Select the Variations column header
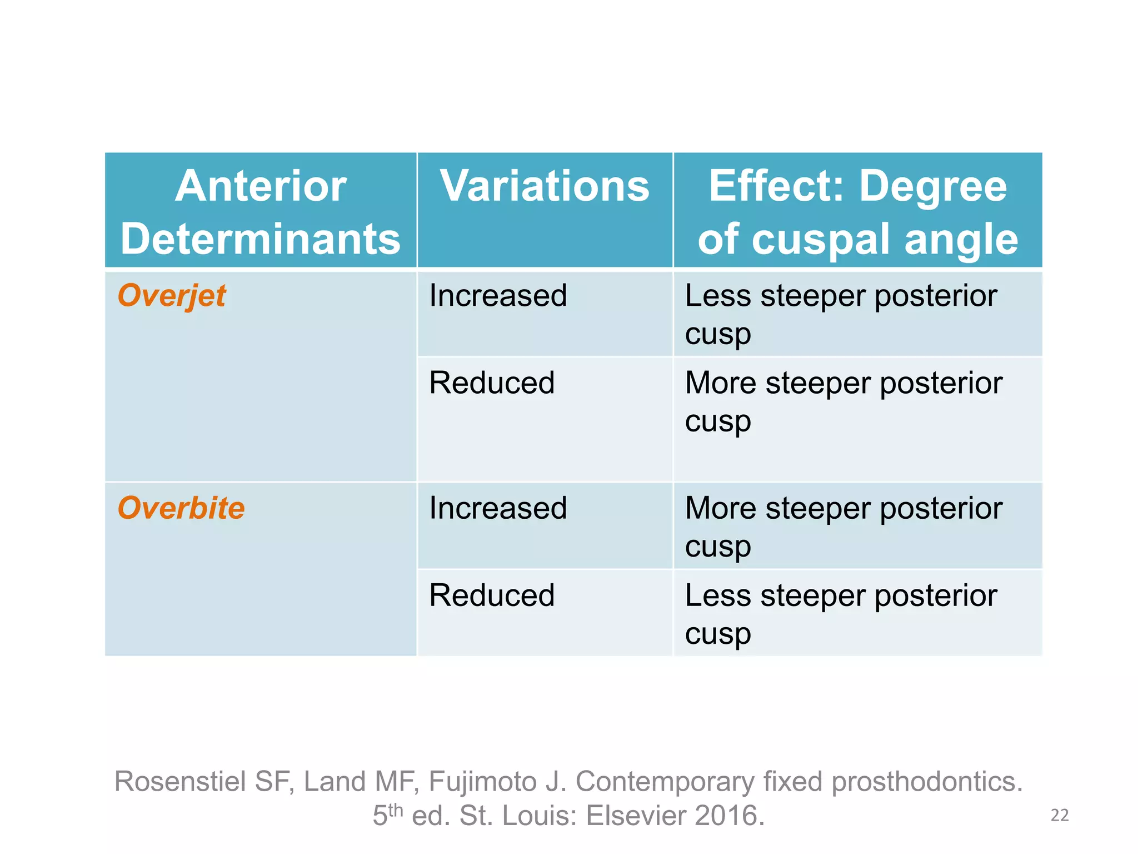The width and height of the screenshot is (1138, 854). [x=545, y=186]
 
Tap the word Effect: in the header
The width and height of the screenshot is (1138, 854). [x=776, y=186]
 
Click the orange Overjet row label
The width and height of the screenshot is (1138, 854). [x=172, y=295]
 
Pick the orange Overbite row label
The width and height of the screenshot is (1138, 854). [x=181, y=508]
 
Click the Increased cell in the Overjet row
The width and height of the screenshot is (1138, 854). [x=498, y=295]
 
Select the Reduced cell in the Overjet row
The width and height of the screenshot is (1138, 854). [x=492, y=383]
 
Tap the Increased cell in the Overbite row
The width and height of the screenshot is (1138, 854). [x=498, y=508]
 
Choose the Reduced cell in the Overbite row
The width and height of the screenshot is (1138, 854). [x=492, y=595]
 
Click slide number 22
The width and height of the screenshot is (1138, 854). [x=1060, y=815]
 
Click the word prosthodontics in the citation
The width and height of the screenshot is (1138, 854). [x=926, y=782]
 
